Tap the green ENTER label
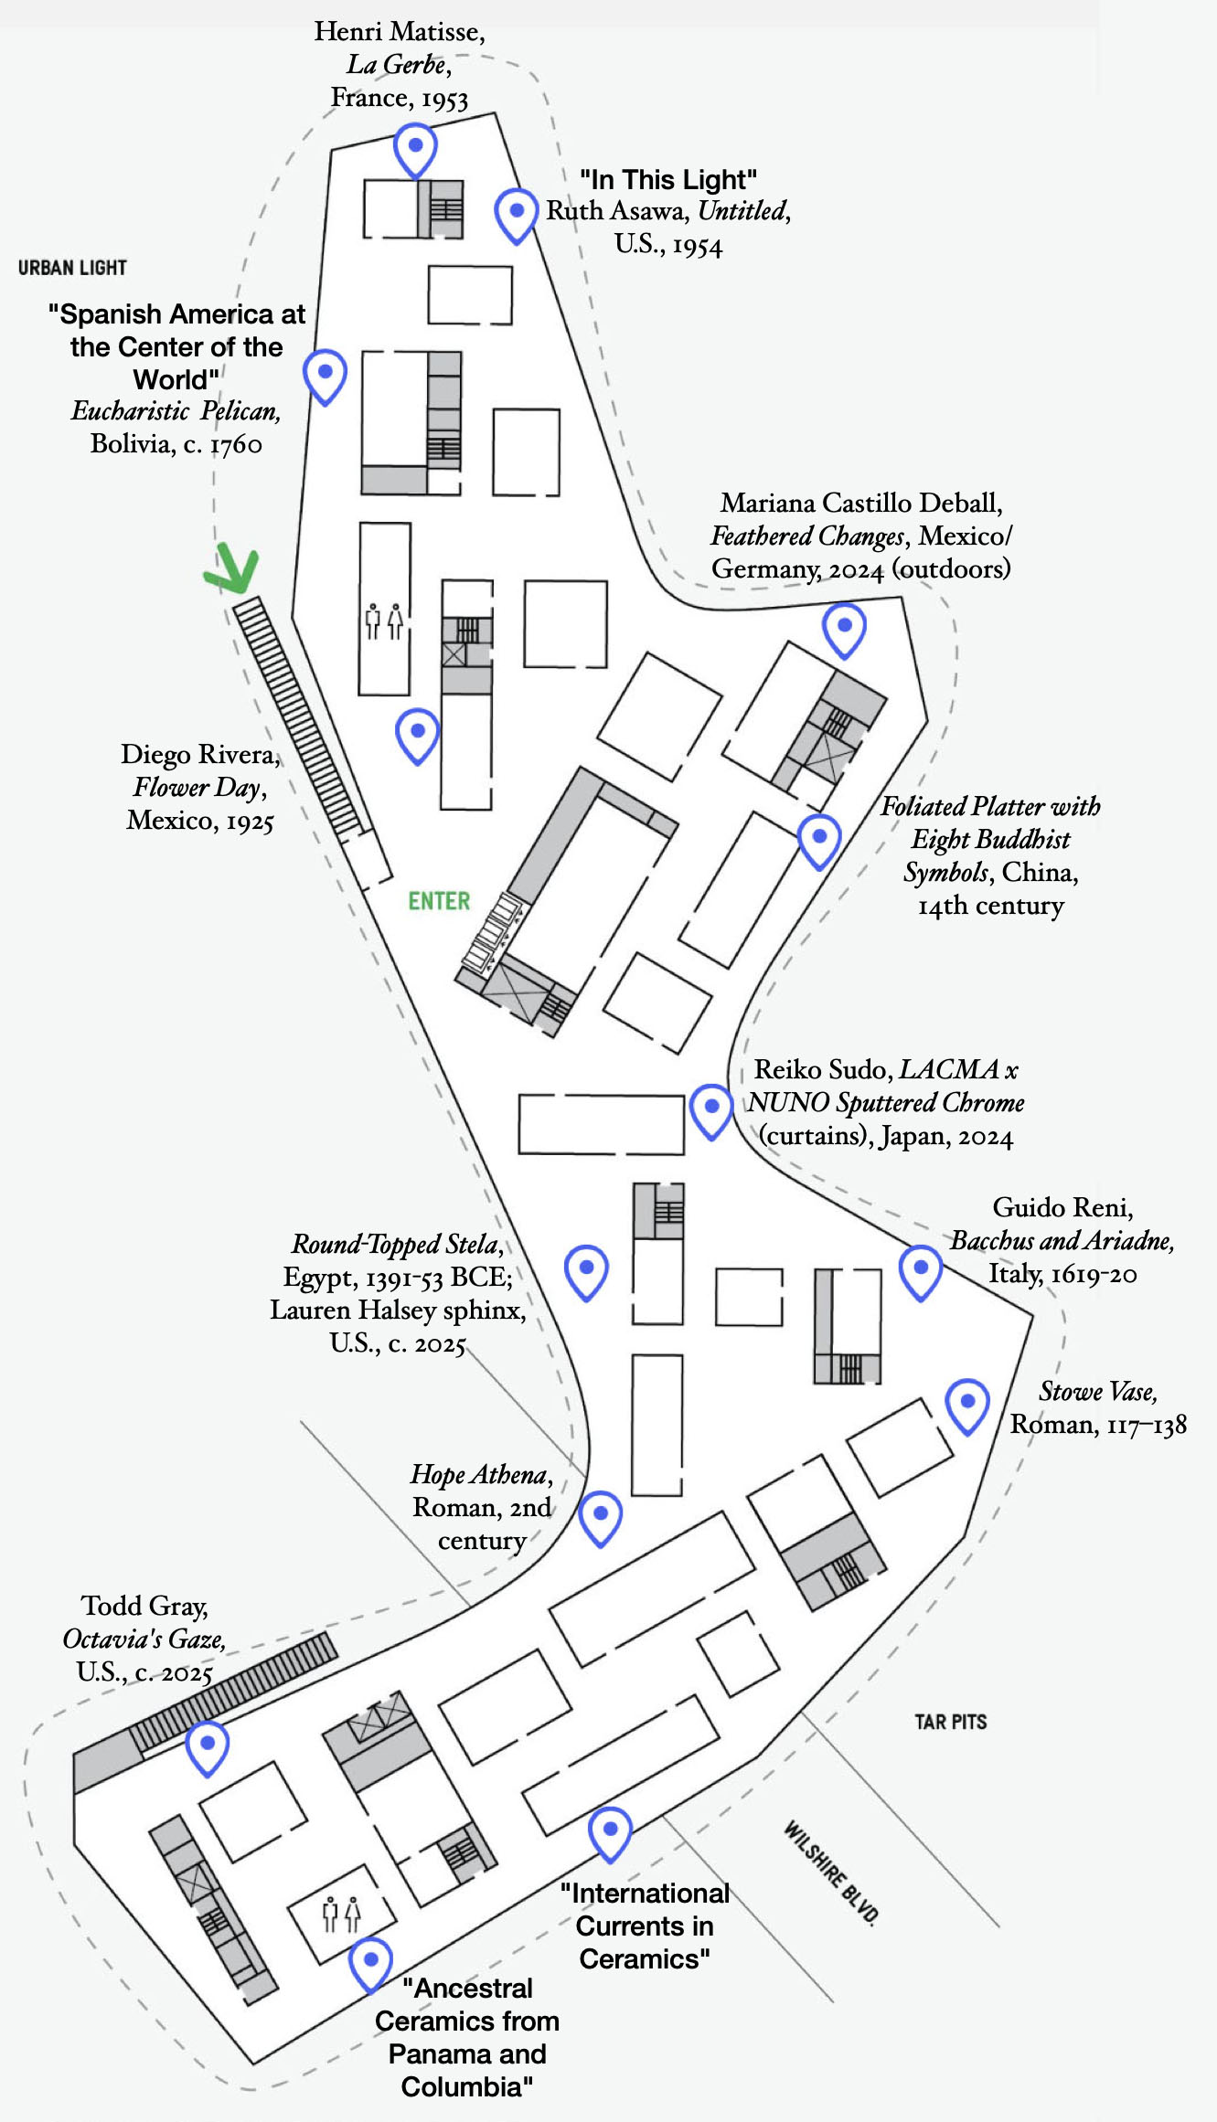click(x=439, y=901)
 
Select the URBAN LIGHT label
click(x=72, y=268)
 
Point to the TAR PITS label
click(x=951, y=1722)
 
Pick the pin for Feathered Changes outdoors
click(x=844, y=629)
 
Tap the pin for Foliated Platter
click(x=819, y=839)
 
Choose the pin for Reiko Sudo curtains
click(x=711, y=1109)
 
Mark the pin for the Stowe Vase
click(x=967, y=1404)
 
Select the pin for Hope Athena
click(x=601, y=1516)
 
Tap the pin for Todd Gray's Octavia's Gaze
click(x=208, y=1746)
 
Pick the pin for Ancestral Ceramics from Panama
click(x=371, y=1962)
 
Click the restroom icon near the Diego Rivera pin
click(x=384, y=621)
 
